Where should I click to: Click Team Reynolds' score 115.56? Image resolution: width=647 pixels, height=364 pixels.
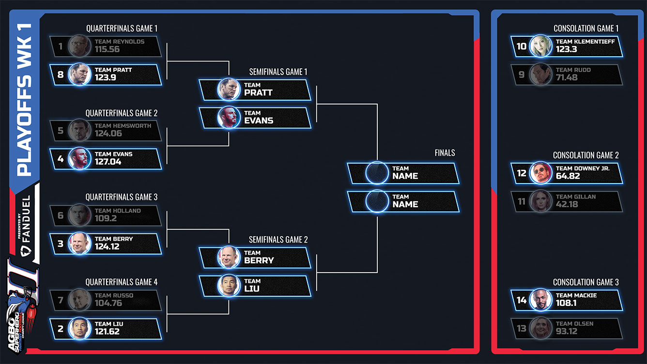pos(107,49)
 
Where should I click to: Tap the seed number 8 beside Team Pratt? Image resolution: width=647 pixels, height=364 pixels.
pos(61,75)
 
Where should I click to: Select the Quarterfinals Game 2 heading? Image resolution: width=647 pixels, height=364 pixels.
pos(122,113)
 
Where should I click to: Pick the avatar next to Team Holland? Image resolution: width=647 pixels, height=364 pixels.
pos(79,215)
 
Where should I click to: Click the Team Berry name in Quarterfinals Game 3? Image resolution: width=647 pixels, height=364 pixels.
pos(113,239)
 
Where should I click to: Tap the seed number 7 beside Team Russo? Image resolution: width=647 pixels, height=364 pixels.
pos(61,301)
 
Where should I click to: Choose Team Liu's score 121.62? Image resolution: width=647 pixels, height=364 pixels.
pos(107,332)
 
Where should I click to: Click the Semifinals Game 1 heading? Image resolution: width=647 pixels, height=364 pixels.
pos(278,72)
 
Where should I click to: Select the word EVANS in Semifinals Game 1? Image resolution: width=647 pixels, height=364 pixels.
pos(259,121)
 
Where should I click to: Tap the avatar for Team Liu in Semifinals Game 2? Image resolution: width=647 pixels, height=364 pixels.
pos(229,286)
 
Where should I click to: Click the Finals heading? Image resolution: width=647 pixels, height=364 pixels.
pos(445,153)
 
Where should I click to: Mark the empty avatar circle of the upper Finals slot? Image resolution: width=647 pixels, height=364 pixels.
pos(377,173)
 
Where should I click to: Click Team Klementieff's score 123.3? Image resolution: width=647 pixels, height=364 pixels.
pos(566,49)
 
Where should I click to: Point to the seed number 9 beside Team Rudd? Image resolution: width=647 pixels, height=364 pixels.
pos(522,75)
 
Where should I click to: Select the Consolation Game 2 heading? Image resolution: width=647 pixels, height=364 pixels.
pos(586,155)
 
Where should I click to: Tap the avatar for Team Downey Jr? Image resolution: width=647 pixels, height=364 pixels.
pos(540,173)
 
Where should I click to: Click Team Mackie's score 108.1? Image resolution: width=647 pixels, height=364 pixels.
pos(566,303)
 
